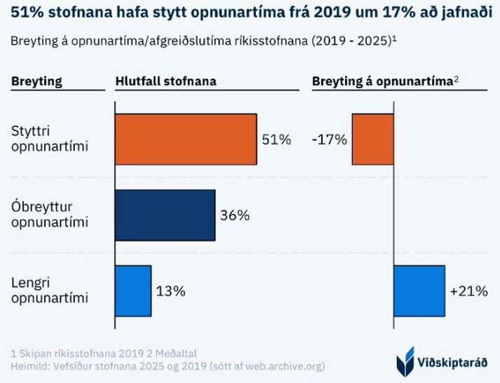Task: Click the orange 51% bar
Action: [x=185, y=139]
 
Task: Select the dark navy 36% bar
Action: [x=165, y=215]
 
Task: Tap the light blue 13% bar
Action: [x=133, y=290]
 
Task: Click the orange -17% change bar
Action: [x=372, y=139]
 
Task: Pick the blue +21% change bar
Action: [x=419, y=290]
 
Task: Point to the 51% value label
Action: [x=276, y=140]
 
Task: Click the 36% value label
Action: [x=234, y=215]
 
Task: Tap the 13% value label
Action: [x=170, y=290]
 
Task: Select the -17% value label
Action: [x=330, y=140]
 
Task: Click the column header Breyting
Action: [x=36, y=81]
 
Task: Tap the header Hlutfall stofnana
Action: [x=165, y=81]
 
